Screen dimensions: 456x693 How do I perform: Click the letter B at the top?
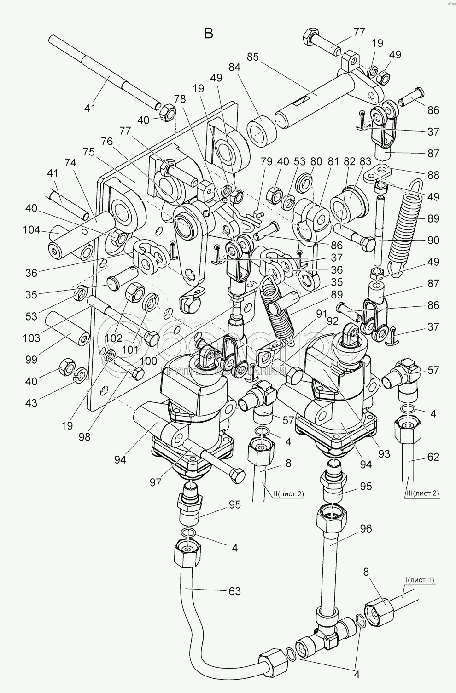pyautogui.click(x=209, y=33)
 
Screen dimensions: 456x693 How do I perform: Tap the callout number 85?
pyautogui.click(x=253, y=57)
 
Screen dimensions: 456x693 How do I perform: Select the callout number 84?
pyautogui.click(x=234, y=68)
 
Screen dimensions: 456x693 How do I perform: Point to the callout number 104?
pyautogui.click(x=32, y=230)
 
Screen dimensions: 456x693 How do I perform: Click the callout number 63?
pyautogui.click(x=234, y=591)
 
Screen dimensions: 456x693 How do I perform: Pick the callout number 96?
pyautogui.click(x=366, y=529)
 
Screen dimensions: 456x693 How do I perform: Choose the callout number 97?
pyautogui.click(x=155, y=482)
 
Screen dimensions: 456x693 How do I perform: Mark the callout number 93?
pyautogui.click(x=384, y=454)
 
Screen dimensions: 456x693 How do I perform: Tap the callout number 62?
pyautogui.click(x=433, y=457)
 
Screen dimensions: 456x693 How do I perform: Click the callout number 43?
pyautogui.click(x=31, y=403)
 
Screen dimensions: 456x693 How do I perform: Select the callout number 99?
pyautogui.click(x=31, y=360)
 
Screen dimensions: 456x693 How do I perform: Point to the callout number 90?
pyautogui.click(x=433, y=240)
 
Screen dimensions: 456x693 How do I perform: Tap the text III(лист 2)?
pyautogui.click(x=421, y=493)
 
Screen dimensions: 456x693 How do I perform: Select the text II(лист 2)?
pyautogui.click(x=288, y=494)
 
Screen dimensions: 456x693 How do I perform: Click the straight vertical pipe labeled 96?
pyautogui.click(x=328, y=562)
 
